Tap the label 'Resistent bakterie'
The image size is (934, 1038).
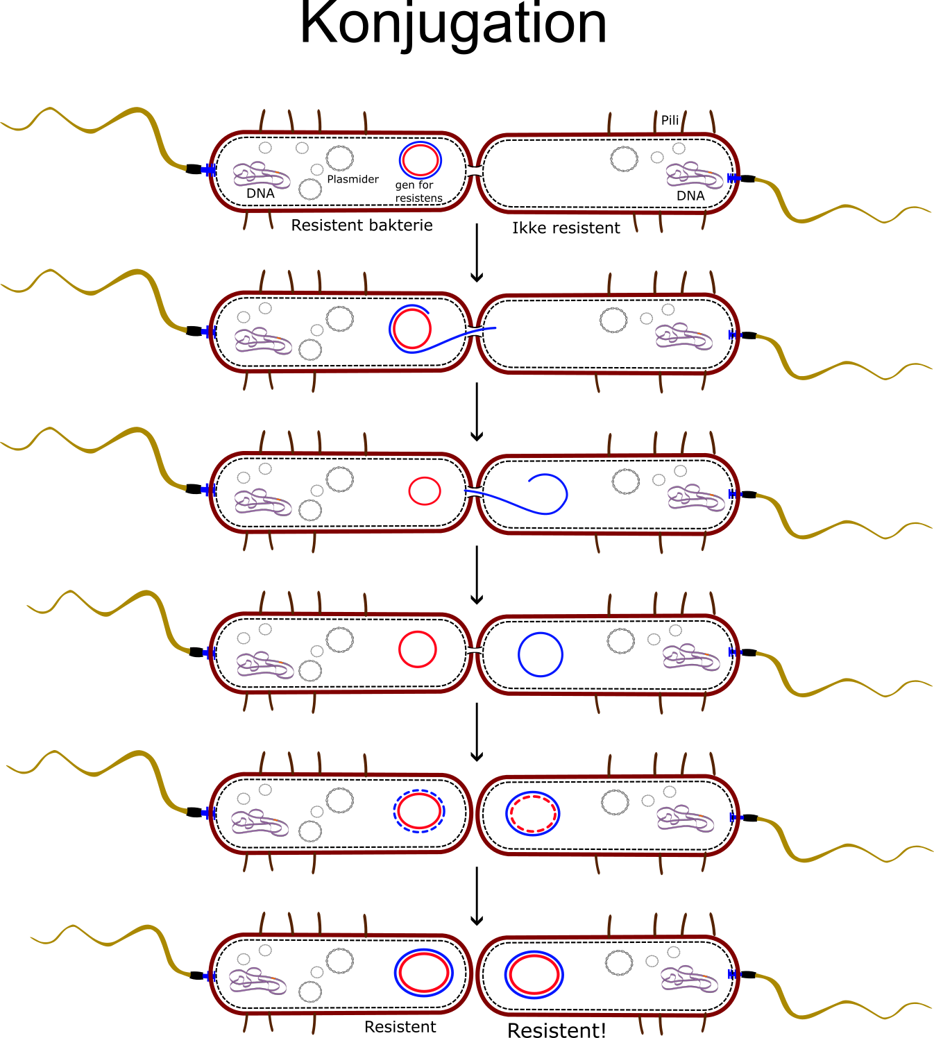[x=362, y=226]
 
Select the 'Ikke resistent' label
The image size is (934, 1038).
[x=566, y=228]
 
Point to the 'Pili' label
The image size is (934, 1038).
[x=670, y=120]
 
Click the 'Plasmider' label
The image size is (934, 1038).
[x=353, y=179]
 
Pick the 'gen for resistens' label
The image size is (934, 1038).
[x=418, y=192]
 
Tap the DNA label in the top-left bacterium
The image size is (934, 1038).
[x=260, y=194]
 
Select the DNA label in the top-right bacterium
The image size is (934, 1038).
[x=690, y=196]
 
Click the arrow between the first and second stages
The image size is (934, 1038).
[x=477, y=253]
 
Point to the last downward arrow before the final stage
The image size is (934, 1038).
[x=477, y=896]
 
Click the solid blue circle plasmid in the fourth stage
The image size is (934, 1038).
[x=541, y=654]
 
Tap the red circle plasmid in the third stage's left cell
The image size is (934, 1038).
[x=425, y=491]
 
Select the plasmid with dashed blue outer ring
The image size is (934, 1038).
[x=419, y=811]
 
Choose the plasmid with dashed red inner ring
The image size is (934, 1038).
[x=533, y=813]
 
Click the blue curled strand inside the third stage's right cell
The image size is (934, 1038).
[x=548, y=494]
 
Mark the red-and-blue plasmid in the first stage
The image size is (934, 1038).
[x=420, y=160]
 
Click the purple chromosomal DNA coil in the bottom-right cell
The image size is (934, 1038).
[x=690, y=978]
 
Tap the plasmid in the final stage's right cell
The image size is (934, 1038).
[x=534, y=974]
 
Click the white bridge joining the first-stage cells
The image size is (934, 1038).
[x=475, y=171]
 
